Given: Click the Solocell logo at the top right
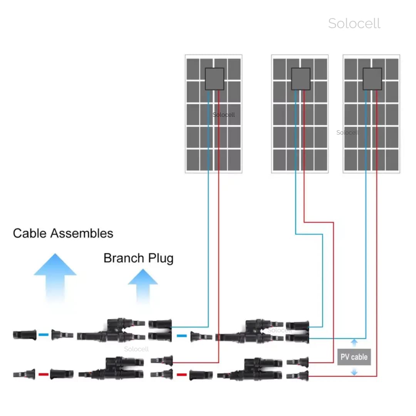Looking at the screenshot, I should [x=354, y=23].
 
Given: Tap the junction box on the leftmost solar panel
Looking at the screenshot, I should [x=214, y=79].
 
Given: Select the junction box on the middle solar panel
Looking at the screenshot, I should [x=300, y=79].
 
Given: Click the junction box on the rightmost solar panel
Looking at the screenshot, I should [x=372, y=79].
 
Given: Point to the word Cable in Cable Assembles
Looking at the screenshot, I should [x=30, y=233].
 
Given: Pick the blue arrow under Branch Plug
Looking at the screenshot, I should [x=143, y=285].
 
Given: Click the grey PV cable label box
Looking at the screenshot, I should [x=354, y=357].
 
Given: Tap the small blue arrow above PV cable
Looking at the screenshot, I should [x=354, y=342].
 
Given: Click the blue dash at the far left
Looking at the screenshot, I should [x=44, y=335].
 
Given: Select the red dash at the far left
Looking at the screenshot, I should [x=44, y=374].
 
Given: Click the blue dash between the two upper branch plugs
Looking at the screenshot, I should [x=181, y=336].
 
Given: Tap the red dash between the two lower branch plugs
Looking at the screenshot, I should [x=181, y=374].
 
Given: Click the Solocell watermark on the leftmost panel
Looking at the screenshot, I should [x=224, y=115].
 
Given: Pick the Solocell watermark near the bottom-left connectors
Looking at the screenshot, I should [x=136, y=349].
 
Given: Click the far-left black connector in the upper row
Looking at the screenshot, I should [x=25, y=335].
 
